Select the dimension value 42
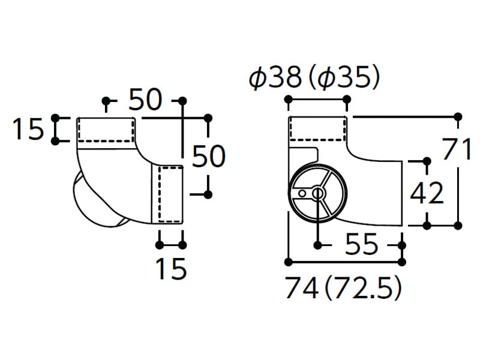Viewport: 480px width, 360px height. click(x=427, y=193)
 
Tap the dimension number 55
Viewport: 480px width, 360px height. click(x=362, y=244)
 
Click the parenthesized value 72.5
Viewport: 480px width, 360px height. click(x=363, y=288)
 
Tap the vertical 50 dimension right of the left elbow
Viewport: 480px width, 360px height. click(x=209, y=156)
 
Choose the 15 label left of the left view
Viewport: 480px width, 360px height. click(x=29, y=129)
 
